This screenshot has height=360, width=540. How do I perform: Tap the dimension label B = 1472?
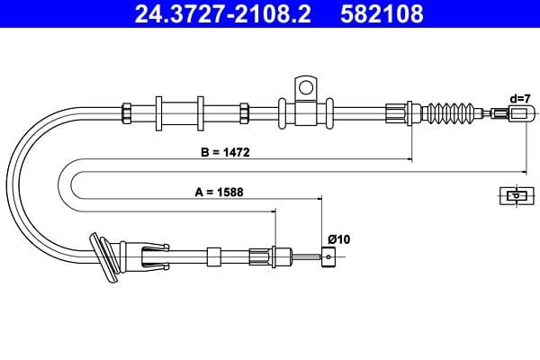pos(225,153)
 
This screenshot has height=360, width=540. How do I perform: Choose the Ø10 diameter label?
pos(337,238)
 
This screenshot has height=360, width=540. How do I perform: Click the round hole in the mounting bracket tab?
pos(305,87)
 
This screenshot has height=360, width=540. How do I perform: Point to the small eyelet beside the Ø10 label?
pos(329,256)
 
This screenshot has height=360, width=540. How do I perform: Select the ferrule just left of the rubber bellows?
pos(397,113)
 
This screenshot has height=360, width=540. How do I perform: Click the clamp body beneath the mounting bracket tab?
pos(305,113)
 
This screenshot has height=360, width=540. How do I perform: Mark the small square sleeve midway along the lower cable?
pos(213,256)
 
